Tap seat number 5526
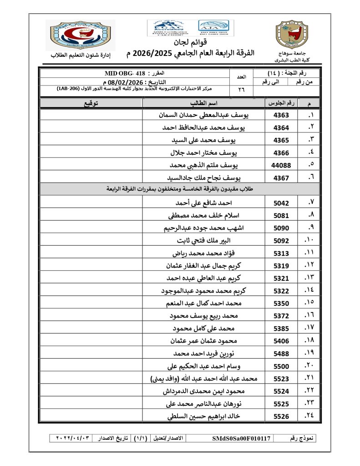coord(281,415)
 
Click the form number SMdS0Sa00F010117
coord(241,439)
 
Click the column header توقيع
coord(91,103)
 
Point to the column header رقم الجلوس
coord(281,103)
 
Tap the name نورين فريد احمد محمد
coord(205,353)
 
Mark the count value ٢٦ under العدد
coord(241,90)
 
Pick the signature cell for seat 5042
coord(91,203)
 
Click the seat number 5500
coord(281,366)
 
